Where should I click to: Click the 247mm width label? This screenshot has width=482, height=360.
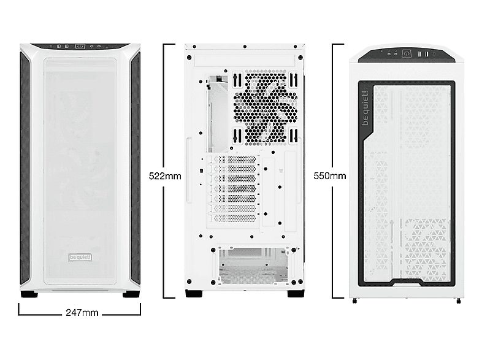(82, 313)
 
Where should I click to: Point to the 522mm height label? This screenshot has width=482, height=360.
(165, 176)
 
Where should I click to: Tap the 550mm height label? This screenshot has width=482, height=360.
(330, 176)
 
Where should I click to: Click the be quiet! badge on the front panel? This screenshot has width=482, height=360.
(80, 257)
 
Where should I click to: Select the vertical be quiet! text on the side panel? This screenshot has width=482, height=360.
(365, 109)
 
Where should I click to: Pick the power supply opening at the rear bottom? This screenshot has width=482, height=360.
(254, 266)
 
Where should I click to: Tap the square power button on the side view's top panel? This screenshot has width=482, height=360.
(405, 54)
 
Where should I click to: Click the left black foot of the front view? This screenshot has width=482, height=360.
(28, 294)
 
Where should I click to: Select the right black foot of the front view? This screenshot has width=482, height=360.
(131, 294)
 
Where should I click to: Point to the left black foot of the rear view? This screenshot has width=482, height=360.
(194, 293)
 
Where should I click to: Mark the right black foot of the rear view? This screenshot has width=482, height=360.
(296, 293)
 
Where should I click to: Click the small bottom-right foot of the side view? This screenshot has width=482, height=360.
(458, 301)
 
